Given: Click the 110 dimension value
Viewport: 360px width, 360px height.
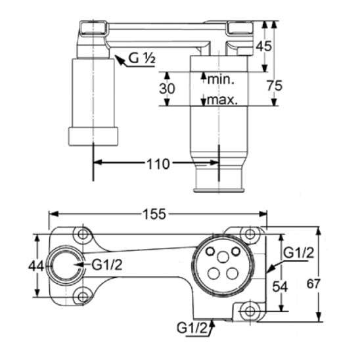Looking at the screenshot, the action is click(x=158, y=164).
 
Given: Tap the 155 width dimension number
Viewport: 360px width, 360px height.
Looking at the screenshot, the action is click(x=154, y=214).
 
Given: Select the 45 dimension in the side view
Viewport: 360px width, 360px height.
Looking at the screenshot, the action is click(x=263, y=46).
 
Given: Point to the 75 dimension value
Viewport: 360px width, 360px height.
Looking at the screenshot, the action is click(x=275, y=86).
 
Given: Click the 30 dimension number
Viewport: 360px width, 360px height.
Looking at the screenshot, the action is click(x=167, y=89).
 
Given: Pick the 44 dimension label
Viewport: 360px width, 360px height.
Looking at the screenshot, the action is click(x=36, y=266).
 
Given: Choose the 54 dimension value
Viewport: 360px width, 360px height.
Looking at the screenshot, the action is click(x=280, y=287).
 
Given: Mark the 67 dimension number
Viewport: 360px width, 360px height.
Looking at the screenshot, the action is click(x=313, y=284).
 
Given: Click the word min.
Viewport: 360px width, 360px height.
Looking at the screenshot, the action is click(x=221, y=79).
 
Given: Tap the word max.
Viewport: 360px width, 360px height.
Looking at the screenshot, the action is click(x=222, y=100).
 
